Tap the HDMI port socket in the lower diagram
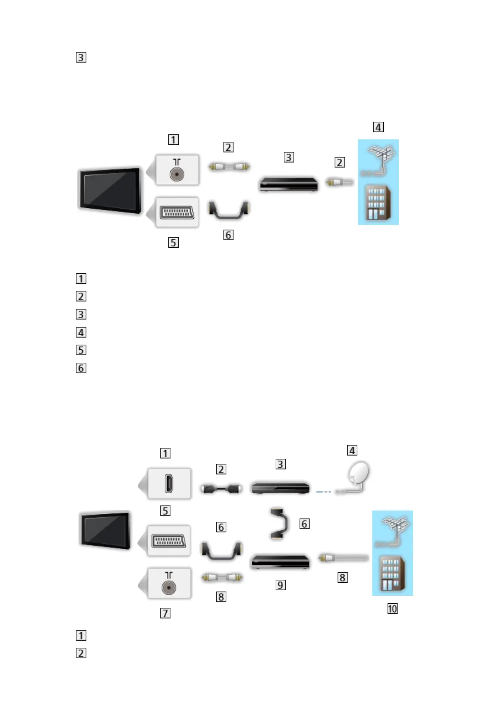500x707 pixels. click(x=169, y=484)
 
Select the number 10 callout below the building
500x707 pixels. click(x=392, y=609)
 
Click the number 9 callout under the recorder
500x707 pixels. click(x=280, y=585)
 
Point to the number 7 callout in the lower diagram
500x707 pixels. click(x=165, y=613)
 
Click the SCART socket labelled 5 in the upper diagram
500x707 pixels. click(x=177, y=212)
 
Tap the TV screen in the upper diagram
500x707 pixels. click(x=110, y=190)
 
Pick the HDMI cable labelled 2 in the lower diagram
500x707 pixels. click(x=221, y=489)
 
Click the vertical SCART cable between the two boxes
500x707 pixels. click(x=279, y=524)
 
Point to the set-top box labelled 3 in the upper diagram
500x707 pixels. click(x=288, y=184)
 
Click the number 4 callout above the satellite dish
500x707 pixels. click(x=352, y=450)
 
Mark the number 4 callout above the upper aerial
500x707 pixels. click(x=378, y=127)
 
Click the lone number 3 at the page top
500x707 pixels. click(x=81, y=57)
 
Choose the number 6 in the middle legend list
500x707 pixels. click(x=81, y=368)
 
